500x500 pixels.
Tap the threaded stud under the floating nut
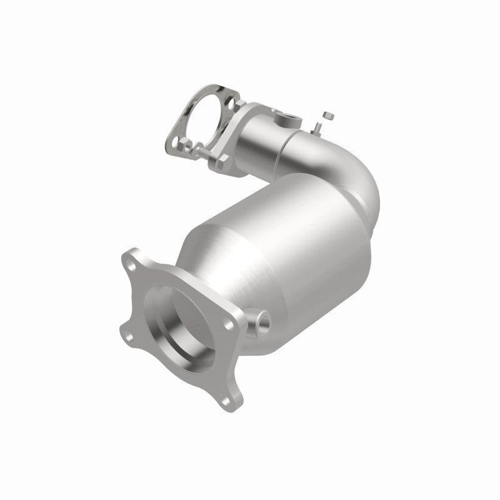click(x=317, y=127)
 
